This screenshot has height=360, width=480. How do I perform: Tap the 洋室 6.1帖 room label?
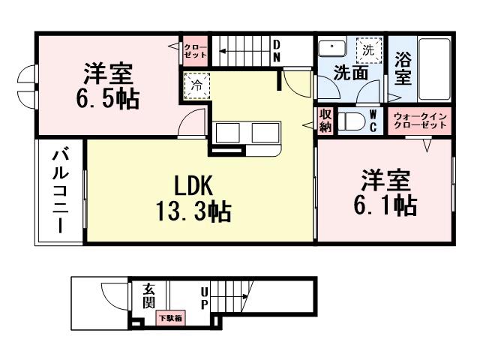(385, 192)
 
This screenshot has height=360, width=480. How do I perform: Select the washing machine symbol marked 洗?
(367, 51)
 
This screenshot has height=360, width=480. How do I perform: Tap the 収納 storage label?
(325, 121)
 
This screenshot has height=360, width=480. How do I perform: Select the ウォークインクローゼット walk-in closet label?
(420, 120)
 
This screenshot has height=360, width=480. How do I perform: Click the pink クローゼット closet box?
(196, 52)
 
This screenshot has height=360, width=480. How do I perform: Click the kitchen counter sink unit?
(247, 133)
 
